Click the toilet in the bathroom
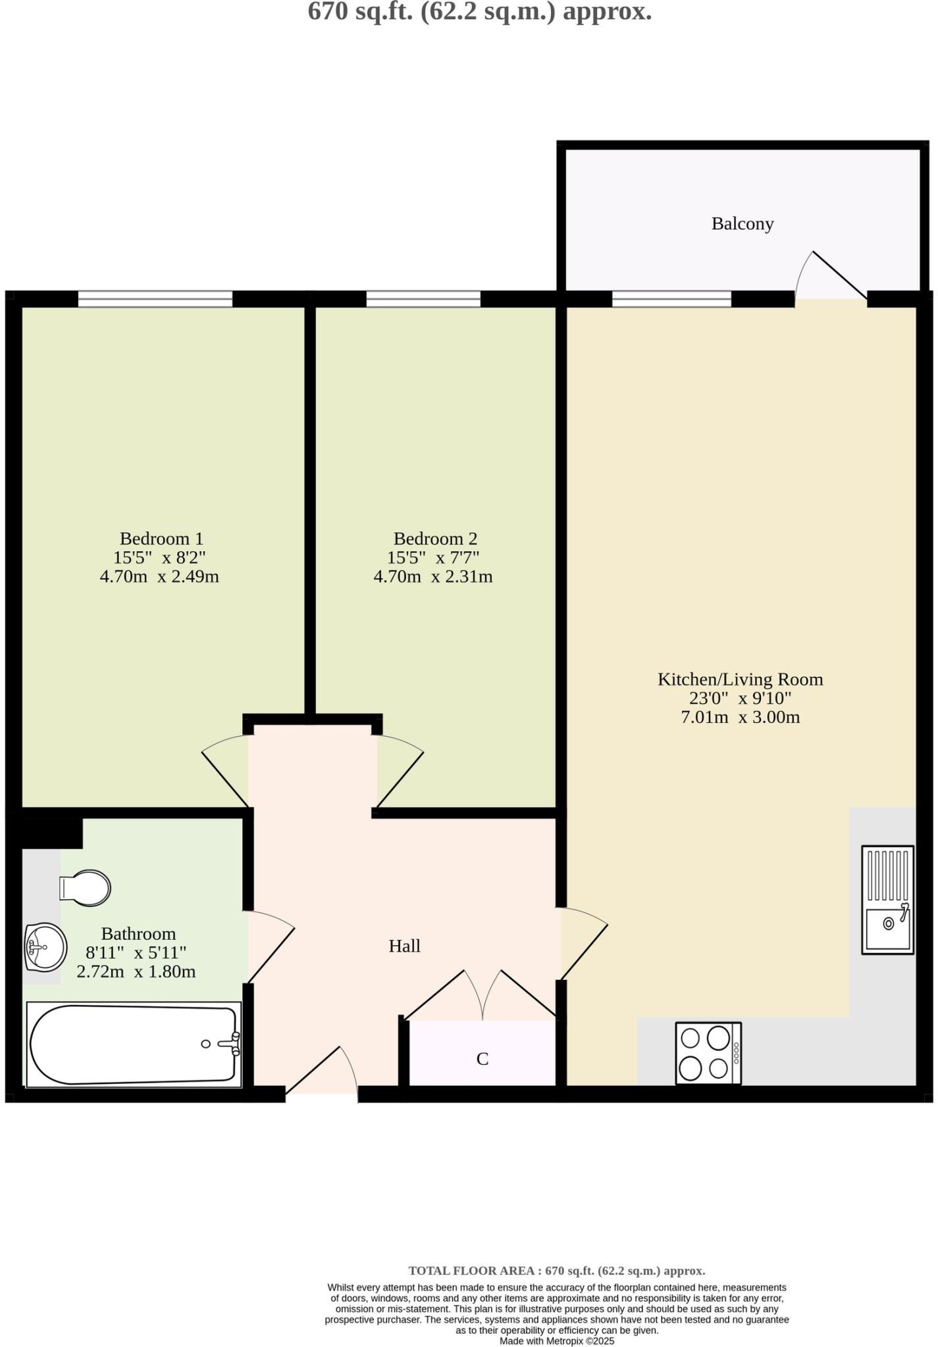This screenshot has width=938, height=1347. tap(86, 887)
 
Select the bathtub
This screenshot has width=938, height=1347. tap(134, 1044)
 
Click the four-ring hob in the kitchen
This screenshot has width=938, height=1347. tap(708, 1053)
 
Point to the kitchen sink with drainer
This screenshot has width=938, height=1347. tap(887, 900)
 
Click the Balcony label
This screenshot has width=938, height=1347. tap(742, 224)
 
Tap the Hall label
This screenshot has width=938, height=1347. tap(404, 946)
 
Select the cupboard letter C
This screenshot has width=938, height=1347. tap(482, 1059)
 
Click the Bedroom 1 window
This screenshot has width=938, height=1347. tap(155, 299)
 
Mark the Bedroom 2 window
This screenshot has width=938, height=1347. tap(423, 299)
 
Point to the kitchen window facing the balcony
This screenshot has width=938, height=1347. tap(671, 299)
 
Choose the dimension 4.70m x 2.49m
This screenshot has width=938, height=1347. tap(159, 577)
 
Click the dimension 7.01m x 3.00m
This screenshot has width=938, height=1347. tap(740, 717)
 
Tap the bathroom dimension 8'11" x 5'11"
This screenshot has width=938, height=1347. tap(136, 952)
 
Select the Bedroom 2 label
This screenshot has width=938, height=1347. tap(435, 539)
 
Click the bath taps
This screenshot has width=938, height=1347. tap(230, 1043)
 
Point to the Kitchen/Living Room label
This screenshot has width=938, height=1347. tap(740, 679)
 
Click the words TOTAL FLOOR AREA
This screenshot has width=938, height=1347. tap(471, 1271)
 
